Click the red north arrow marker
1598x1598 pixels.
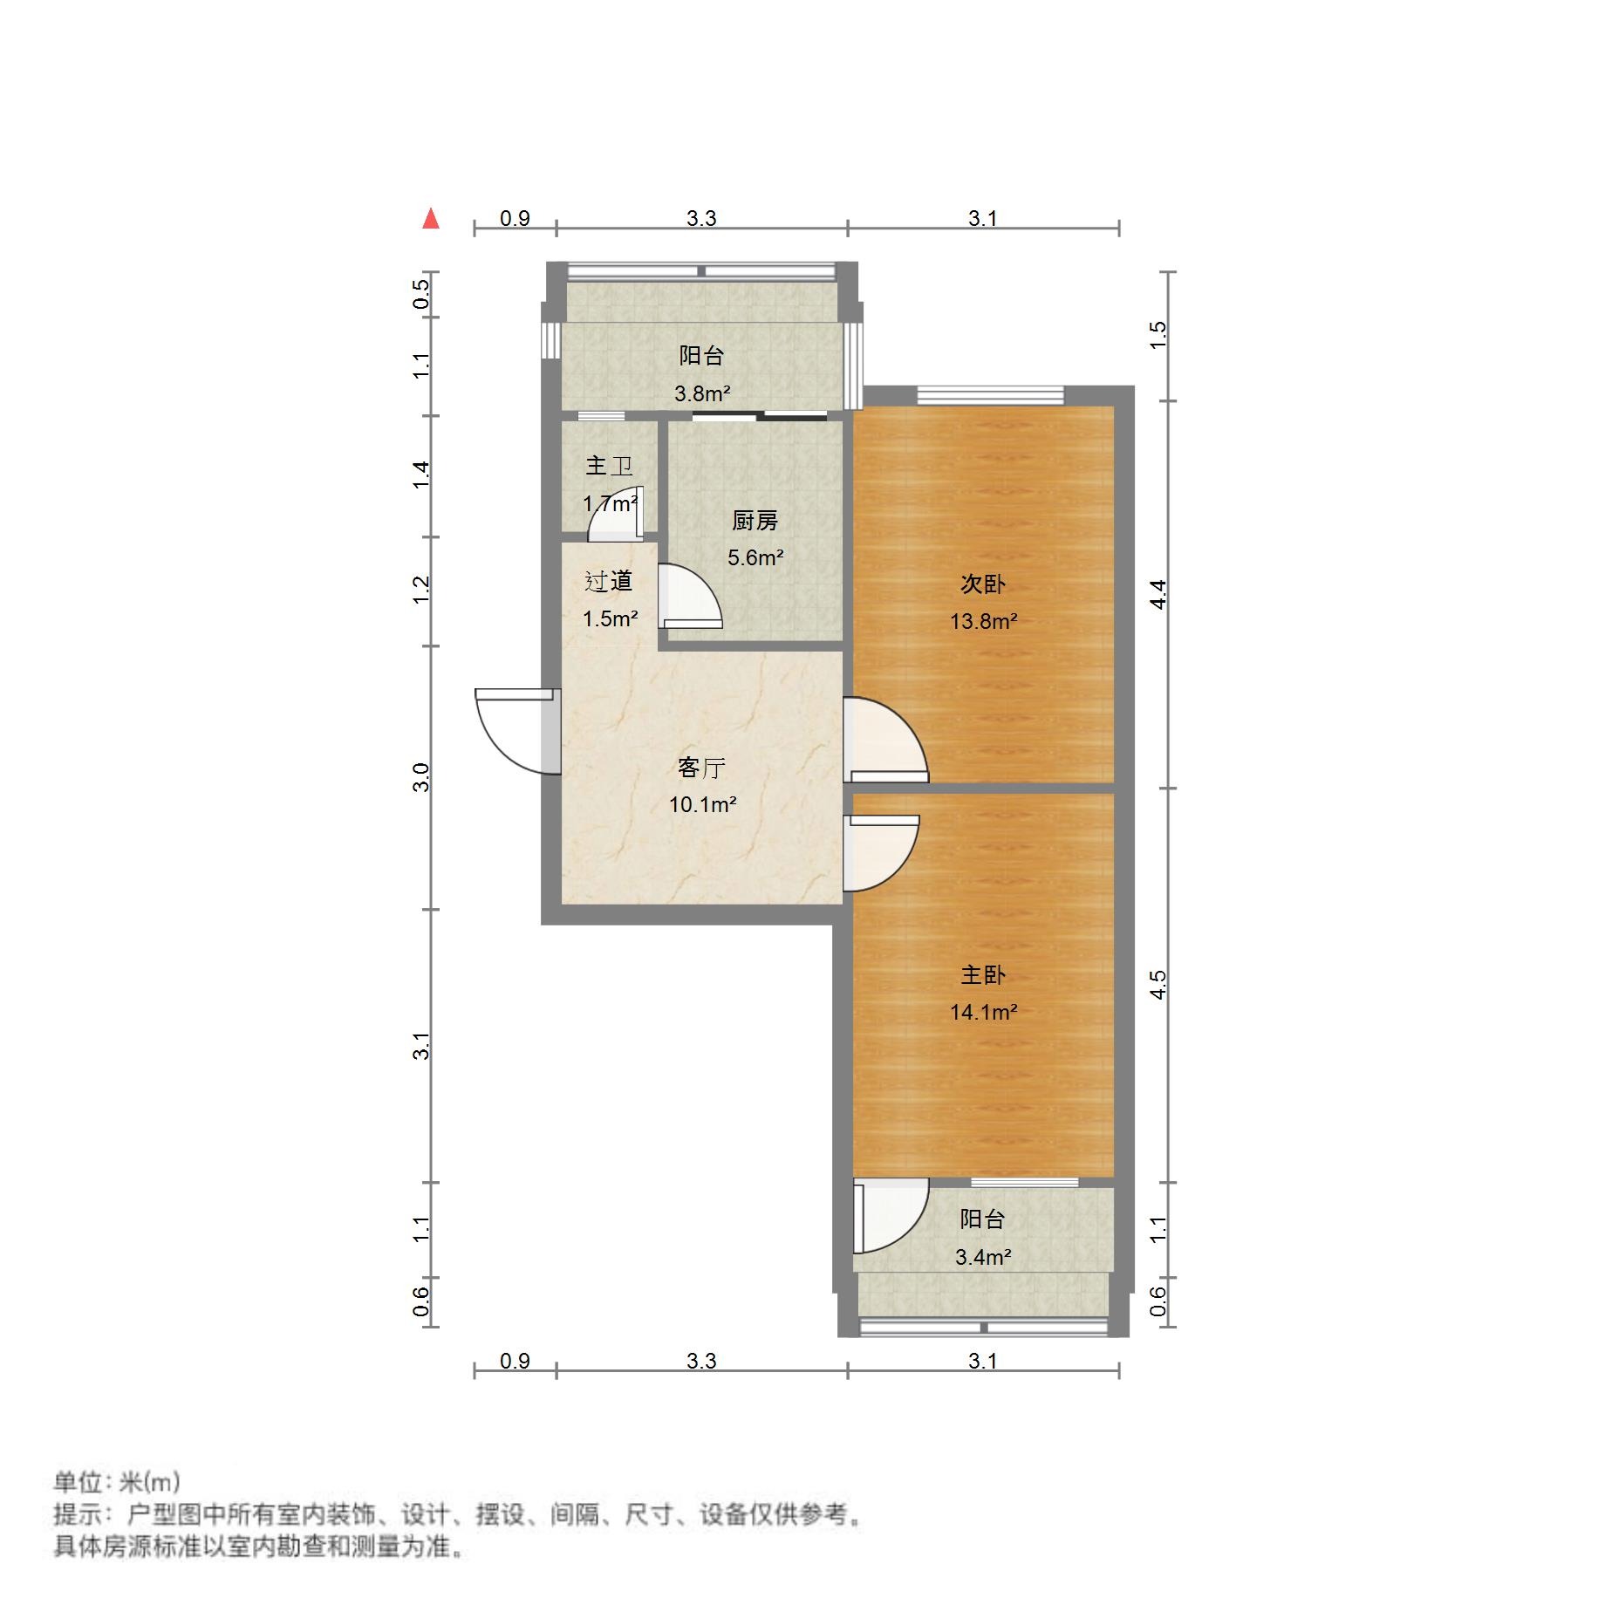point(430,218)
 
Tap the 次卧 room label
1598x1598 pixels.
point(983,584)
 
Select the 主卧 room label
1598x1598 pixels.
point(983,975)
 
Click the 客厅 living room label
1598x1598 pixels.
point(701,768)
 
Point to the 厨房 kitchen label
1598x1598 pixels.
point(755,521)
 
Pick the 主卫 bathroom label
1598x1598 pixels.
point(609,466)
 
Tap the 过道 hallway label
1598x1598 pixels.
point(608,581)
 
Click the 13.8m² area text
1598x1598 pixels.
point(983,622)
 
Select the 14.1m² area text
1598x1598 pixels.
point(983,1013)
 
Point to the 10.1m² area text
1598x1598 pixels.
point(702,805)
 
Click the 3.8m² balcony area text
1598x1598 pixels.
point(702,394)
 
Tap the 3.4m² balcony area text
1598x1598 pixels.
point(983,1258)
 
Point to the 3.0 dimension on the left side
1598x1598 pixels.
point(421,776)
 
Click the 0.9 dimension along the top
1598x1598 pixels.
point(515,218)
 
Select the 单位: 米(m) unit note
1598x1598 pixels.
point(117,1482)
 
